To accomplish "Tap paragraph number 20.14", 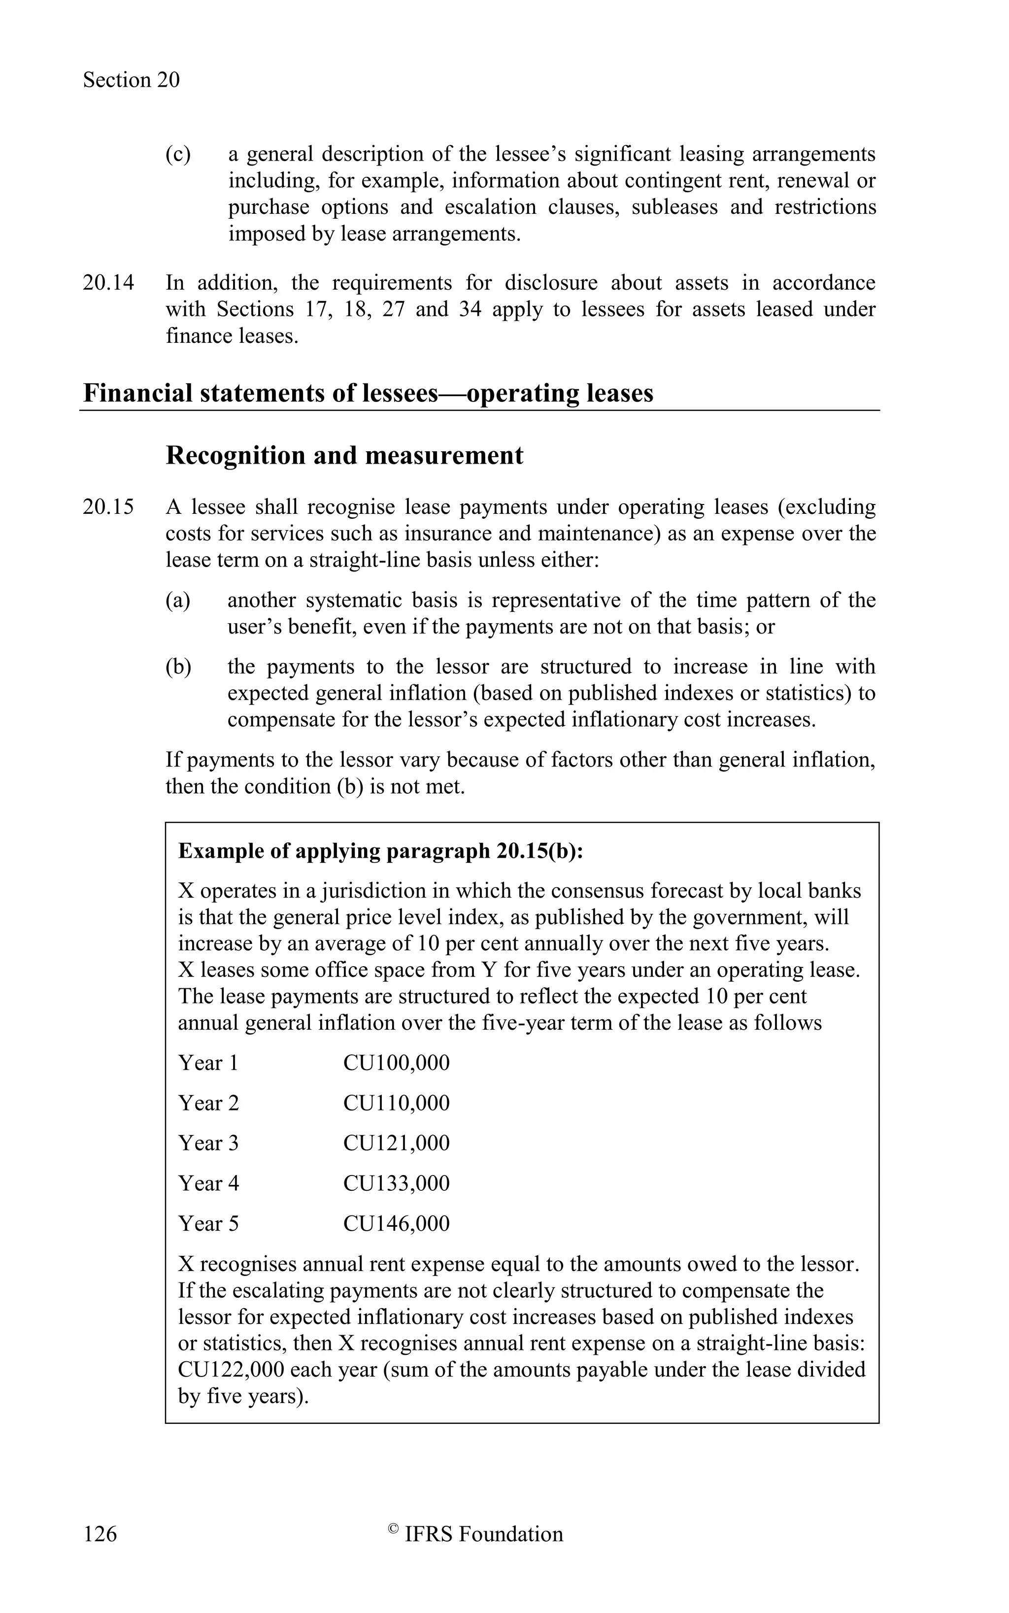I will click(108, 283).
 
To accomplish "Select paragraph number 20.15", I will click(108, 507).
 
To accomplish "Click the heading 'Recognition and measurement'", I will click(344, 456).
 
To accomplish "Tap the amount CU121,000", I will click(397, 1143).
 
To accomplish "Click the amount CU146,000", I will click(397, 1223).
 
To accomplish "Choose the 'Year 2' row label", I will click(208, 1103).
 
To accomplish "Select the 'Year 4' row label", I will click(208, 1183).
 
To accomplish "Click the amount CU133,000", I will click(397, 1183).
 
